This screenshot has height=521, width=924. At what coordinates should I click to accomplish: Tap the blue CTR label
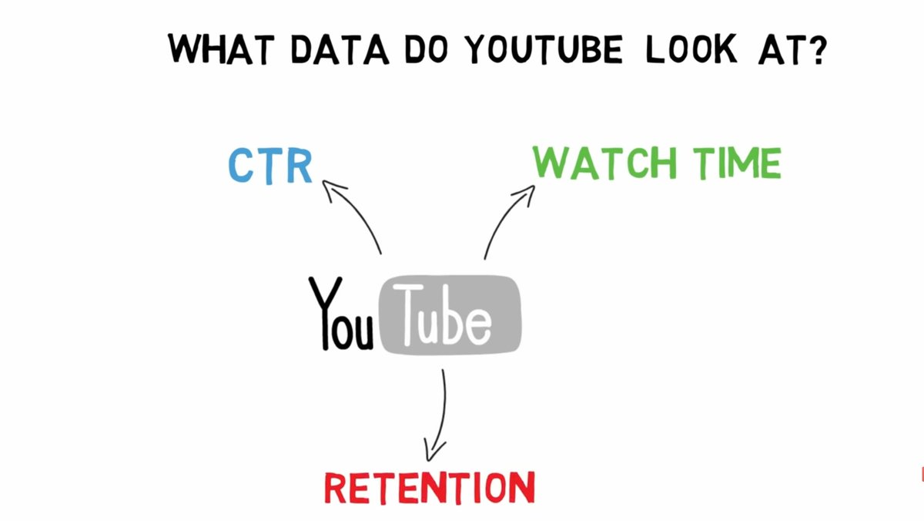pyautogui.click(x=270, y=165)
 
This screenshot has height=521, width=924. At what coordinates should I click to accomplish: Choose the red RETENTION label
pyautogui.click(x=428, y=487)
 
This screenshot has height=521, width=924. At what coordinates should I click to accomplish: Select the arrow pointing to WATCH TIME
pyautogui.click(x=504, y=220)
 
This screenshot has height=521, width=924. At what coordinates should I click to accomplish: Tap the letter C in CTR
pyautogui.click(x=241, y=165)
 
